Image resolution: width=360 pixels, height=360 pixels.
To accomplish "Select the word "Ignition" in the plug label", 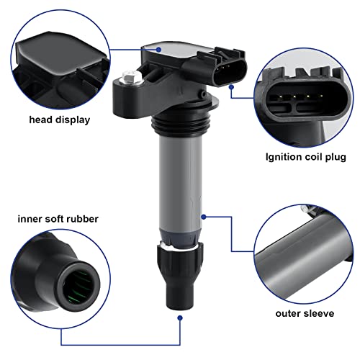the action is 284,158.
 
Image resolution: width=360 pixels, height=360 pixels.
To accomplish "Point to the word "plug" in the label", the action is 336,158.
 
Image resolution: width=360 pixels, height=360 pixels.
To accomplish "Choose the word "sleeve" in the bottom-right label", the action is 319,313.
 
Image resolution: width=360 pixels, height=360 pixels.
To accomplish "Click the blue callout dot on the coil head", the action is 158,50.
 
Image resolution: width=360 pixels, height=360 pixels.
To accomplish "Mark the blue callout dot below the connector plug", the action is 231,87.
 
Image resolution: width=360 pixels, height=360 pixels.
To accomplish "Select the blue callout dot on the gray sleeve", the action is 204,217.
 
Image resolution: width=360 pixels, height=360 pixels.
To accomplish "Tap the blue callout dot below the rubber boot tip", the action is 180,318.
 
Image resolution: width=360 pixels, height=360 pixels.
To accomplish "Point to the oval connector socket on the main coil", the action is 230,72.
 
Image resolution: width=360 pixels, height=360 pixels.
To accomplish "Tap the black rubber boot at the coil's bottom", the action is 180,276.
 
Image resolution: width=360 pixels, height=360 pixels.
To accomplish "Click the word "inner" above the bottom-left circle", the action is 30,219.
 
